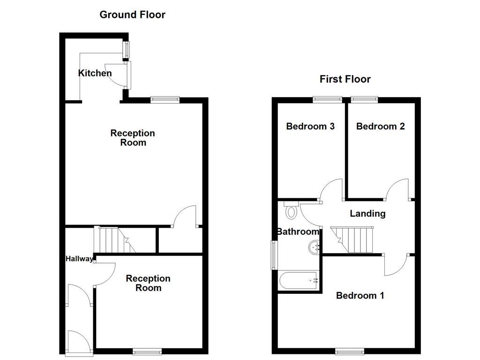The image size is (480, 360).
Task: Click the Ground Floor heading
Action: [132, 15]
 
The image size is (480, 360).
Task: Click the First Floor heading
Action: [345, 79]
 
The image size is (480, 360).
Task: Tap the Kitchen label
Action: [95, 73]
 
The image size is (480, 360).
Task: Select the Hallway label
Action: [79, 258]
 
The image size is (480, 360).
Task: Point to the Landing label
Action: [367, 214]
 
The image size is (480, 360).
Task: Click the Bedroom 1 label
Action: [360, 295]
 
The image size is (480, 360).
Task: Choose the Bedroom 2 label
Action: [380, 126]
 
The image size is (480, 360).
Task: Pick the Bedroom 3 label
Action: [310, 126]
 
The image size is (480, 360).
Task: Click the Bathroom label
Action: [298, 232]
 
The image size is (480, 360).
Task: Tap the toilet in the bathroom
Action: [291, 211]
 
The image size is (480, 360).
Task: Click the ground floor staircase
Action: [112, 240]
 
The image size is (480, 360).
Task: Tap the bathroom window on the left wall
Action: [273, 255]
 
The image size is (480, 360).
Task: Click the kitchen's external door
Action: [119, 75]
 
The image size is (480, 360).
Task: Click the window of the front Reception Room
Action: [147, 351]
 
